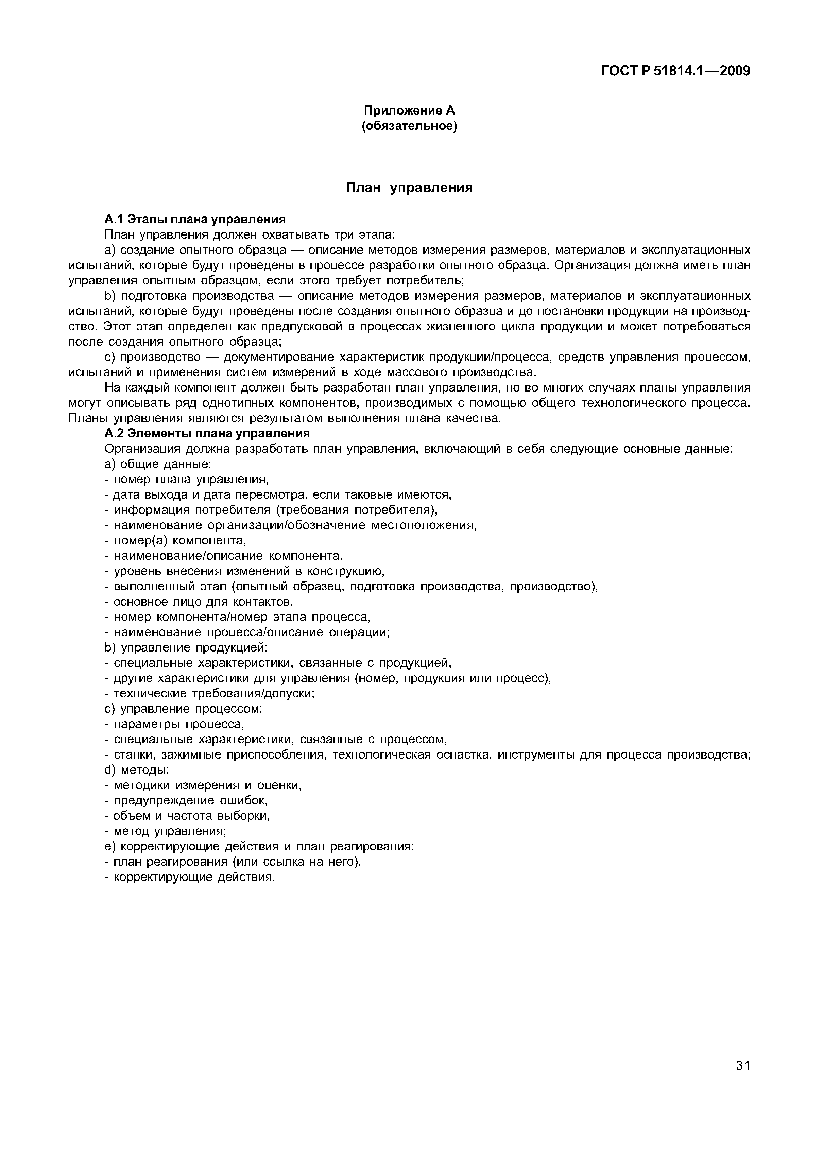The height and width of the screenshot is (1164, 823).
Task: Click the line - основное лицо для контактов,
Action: tap(198, 602)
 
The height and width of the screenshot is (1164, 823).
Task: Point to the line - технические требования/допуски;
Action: tap(209, 694)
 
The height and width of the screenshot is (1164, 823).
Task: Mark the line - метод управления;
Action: tap(165, 831)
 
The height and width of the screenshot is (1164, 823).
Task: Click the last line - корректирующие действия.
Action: tap(189, 877)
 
